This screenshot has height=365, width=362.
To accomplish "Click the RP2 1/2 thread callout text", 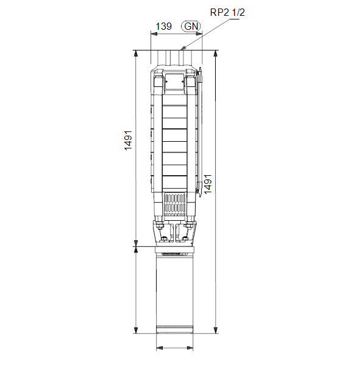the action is click(227, 12).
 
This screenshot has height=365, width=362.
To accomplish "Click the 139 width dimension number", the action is click(164, 26).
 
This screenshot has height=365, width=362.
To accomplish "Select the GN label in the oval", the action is click(191, 26).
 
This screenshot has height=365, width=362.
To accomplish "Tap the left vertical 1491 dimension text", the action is click(128, 141).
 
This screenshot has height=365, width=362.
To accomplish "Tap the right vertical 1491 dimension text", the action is click(208, 184).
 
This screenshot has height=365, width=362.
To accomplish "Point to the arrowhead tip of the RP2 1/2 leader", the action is click(180, 50).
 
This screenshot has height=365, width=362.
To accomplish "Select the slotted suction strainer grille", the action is click(175, 204).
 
